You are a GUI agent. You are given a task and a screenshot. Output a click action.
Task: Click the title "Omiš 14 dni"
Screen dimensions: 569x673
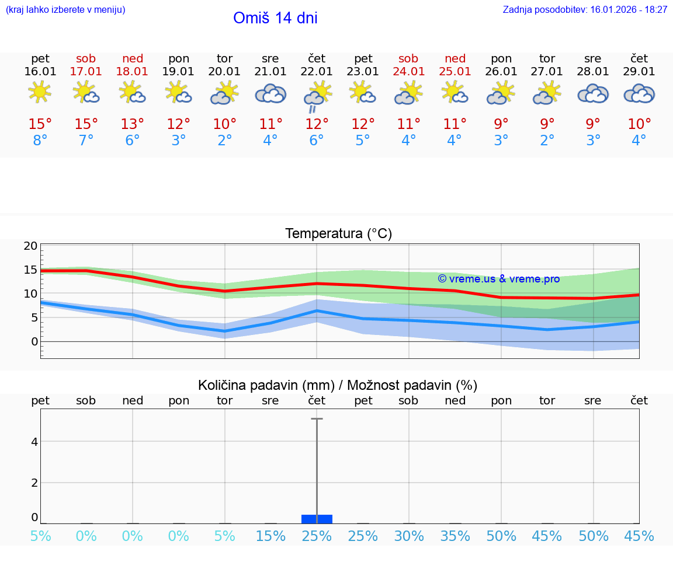pos(275,18)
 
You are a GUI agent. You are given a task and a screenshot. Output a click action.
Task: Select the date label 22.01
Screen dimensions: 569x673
pos(317,72)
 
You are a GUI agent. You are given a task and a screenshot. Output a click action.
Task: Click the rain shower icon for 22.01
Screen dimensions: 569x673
pos(317,96)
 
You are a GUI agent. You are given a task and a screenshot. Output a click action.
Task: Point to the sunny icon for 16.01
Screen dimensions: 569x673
pos(40,92)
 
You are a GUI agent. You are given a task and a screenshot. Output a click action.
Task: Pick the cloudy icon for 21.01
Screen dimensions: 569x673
pos(270,93)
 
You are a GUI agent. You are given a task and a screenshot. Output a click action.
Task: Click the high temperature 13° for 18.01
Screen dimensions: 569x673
pos(133,124)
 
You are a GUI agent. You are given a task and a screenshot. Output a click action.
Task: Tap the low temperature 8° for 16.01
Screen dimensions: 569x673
pos(40,141)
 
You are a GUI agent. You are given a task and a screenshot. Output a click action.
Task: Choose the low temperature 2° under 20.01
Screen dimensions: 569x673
pos(224,141)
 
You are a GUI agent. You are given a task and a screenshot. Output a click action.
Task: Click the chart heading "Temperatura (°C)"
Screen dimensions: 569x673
pos(339,234)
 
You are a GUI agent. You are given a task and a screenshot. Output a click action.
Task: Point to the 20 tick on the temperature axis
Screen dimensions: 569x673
pos(30,246)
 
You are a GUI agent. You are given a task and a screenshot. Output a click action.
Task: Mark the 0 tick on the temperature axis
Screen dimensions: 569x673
pos(34,341)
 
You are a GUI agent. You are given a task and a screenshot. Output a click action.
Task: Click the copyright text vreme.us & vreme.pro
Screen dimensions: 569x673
pos(499,279)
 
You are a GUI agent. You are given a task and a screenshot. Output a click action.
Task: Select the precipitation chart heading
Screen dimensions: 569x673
pos(338,385)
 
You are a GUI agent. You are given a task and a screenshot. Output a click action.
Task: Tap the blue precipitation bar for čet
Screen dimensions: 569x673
pos(317,519)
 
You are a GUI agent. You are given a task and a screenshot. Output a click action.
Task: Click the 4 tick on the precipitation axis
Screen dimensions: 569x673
pos(34,442)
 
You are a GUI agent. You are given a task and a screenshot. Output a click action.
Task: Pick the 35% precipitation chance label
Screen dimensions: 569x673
pos(455,536)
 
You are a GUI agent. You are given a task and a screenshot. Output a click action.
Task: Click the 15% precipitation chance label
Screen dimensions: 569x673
pos(270,536)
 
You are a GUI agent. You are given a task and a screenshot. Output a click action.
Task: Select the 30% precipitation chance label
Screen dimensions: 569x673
pos(409,536)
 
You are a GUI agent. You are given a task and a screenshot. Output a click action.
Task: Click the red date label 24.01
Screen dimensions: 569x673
pos(409,72)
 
